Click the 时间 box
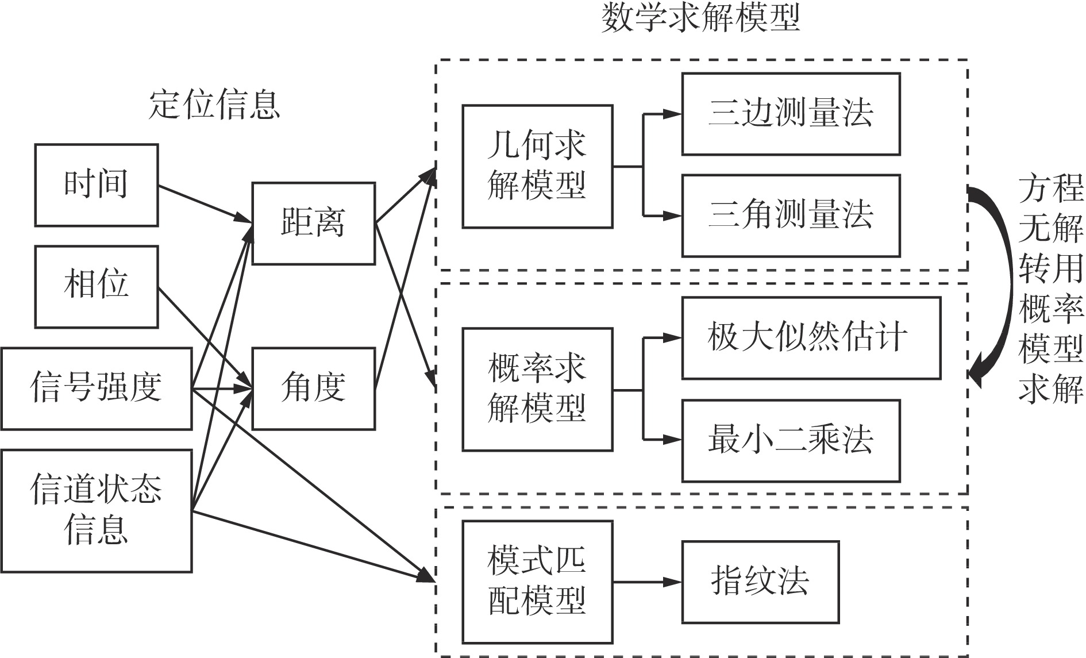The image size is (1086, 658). point(96,185)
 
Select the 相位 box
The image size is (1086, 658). point(96,287)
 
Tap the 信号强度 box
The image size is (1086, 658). point(96,388)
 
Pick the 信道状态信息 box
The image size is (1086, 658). point(96,511)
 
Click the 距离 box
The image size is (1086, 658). point(313,224)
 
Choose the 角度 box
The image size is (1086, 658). point(313,388)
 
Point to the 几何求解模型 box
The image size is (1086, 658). point(537,167)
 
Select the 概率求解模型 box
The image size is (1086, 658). point(537,390)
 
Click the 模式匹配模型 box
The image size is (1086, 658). point(537,582)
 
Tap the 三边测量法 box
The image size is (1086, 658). point(791,114)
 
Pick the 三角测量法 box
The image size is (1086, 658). point(791,216)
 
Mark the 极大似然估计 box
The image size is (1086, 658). point(811,338)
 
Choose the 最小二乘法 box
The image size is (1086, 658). point(791,441)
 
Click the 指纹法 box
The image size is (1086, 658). point(760,582)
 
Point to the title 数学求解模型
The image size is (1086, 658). point(700,18)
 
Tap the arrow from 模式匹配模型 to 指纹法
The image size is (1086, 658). point(647,582)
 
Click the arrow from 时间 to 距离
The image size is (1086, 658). point(204,203)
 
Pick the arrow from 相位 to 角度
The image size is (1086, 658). point(204,337)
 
